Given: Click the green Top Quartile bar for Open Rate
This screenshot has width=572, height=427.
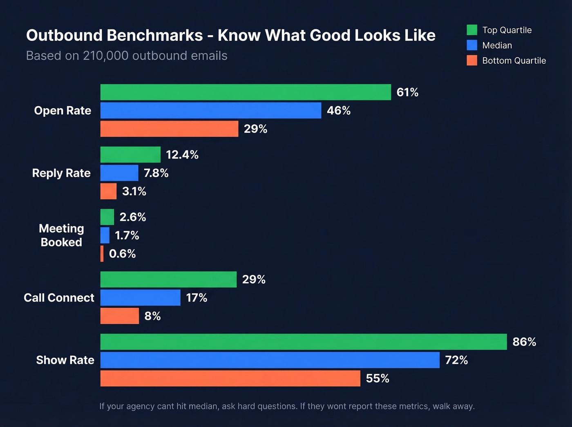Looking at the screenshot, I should [x=246, y=92].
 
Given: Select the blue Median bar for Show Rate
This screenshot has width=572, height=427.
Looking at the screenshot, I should [x=270, y=360].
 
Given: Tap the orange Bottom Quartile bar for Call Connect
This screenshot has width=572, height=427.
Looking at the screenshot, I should [x=120, y=316].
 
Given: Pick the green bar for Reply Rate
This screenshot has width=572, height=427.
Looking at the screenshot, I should [x=130, y=154].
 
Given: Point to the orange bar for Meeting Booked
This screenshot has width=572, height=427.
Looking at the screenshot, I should [x=102, y=254].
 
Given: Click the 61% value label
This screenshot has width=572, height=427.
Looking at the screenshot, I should [x=407, y=92].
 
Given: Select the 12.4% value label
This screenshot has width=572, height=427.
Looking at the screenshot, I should [x=182, y=155].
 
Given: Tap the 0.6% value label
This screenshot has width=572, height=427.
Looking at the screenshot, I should [x=122, y=254].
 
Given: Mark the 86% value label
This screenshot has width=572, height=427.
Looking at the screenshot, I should [x=524, y=342].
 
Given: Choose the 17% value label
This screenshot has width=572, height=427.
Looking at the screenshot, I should [x=197, y=298].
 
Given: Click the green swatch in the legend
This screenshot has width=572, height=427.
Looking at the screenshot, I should [x=472, y=30].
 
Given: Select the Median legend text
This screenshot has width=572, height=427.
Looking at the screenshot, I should [x=497, y=45].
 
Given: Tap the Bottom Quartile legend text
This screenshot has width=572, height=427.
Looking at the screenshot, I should [x=514, y=60].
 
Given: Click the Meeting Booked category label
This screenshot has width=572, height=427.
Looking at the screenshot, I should [x=61, y=235].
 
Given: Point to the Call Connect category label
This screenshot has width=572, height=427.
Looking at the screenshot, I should [x=59, y=298].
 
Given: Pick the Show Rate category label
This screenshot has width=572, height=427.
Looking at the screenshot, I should [x=65, y=360].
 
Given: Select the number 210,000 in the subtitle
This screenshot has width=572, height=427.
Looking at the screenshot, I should [x=106, y=56].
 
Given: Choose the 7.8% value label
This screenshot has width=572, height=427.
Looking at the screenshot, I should [x=156, y=173].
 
